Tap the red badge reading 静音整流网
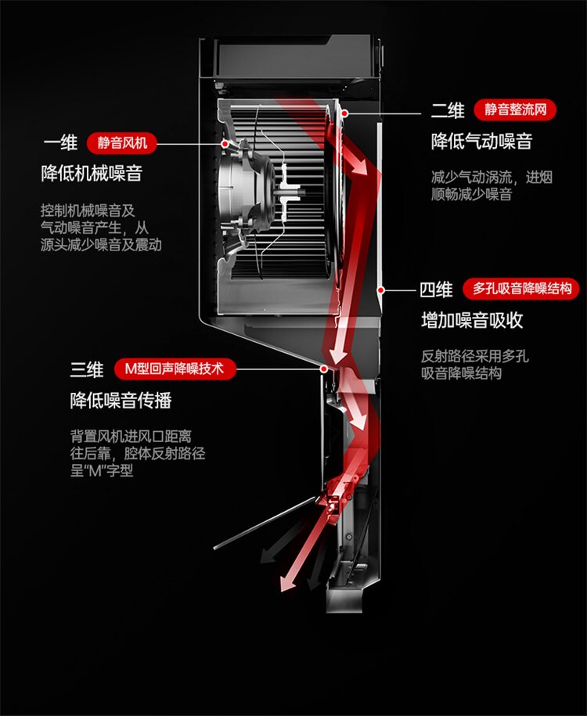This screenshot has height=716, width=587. click(514, 110)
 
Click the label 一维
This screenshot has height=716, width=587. click(60, 143)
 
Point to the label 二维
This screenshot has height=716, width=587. click(448, 110)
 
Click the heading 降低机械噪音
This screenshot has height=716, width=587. click(92, 173)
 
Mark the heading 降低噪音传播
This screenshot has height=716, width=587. click(121, 400)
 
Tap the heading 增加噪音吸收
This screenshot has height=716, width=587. click(472, 320)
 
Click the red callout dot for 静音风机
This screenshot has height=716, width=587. click(225, 144)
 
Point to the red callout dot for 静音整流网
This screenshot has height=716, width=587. click(344, 111)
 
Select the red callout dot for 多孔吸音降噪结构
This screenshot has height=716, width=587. click(380, 289)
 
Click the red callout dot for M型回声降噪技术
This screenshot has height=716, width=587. click(323, 367)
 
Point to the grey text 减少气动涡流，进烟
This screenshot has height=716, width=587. click(492, 177)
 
